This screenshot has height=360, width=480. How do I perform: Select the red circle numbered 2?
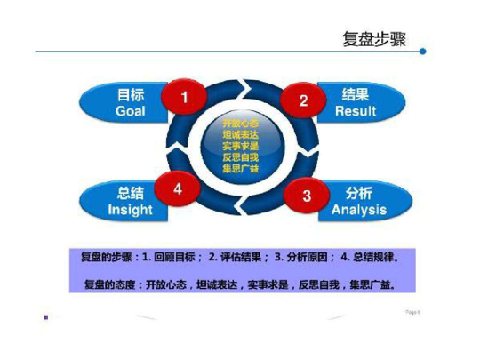303,100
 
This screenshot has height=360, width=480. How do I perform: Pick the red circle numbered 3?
307,196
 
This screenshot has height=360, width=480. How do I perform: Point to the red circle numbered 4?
178,188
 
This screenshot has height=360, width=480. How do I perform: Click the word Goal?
130,112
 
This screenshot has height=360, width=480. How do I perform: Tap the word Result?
356,112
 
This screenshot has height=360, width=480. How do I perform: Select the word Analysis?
359,211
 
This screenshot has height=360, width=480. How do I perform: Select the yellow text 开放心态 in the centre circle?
243,121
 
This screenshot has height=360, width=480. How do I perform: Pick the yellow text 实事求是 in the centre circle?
243,146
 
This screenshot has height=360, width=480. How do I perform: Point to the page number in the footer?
412,313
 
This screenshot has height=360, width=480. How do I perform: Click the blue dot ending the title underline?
422,52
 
